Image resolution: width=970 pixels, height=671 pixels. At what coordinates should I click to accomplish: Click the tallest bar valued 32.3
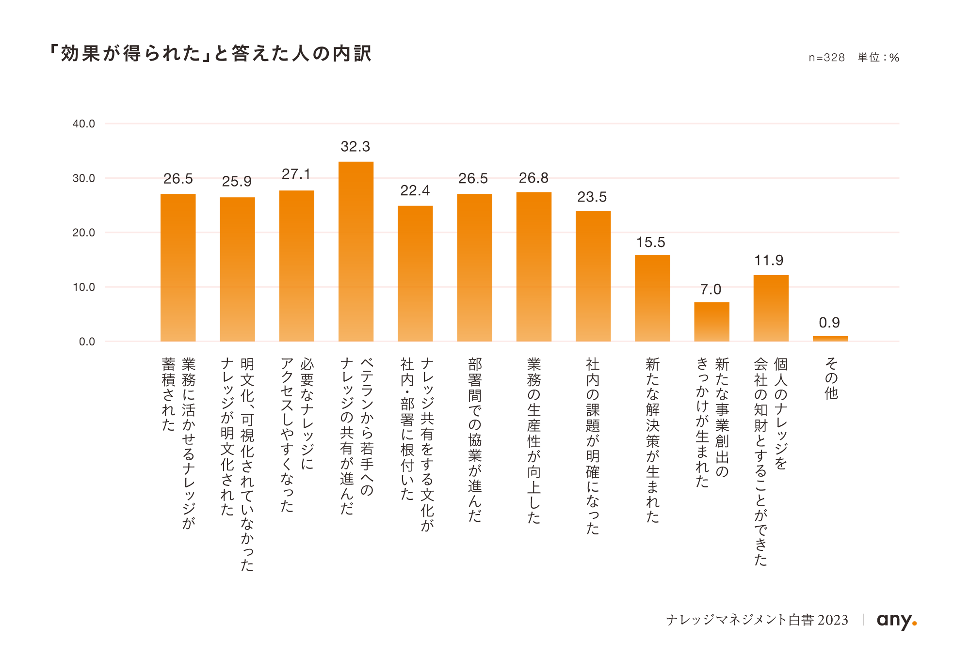coord(356,252)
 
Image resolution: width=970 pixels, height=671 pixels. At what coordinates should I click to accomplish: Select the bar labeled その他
coord(830,339)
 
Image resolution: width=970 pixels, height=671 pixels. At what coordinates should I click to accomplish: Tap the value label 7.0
coord(711,290)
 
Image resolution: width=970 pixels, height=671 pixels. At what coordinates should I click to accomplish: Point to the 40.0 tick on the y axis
coord(83,124)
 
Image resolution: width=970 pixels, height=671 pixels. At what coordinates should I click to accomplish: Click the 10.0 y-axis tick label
coord(83,287)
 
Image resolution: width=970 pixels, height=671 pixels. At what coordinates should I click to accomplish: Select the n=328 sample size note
coord(826,58)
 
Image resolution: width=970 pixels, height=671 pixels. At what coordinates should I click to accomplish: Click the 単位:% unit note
coord(878,58)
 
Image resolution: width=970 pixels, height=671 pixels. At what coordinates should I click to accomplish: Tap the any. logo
coord(896,620)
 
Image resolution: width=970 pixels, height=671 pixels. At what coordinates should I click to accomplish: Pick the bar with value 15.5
coord(652,298)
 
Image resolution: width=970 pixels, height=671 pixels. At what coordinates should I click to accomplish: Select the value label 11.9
coord(769,261)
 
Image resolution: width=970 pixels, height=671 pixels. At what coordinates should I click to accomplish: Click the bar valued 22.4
coord(415,274)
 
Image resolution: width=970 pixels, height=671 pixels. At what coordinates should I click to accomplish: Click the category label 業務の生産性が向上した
coord(533,440)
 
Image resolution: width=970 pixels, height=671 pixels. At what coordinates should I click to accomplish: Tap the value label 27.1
coord(296,174)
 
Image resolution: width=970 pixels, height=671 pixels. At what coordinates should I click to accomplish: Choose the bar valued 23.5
coord(593,276)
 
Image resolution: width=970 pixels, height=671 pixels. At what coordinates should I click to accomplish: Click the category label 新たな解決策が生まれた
coord(652,440)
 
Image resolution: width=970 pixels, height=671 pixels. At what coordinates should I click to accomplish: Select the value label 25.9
coord(237,182)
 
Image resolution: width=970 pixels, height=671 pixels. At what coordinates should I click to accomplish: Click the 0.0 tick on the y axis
coord(86,342)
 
